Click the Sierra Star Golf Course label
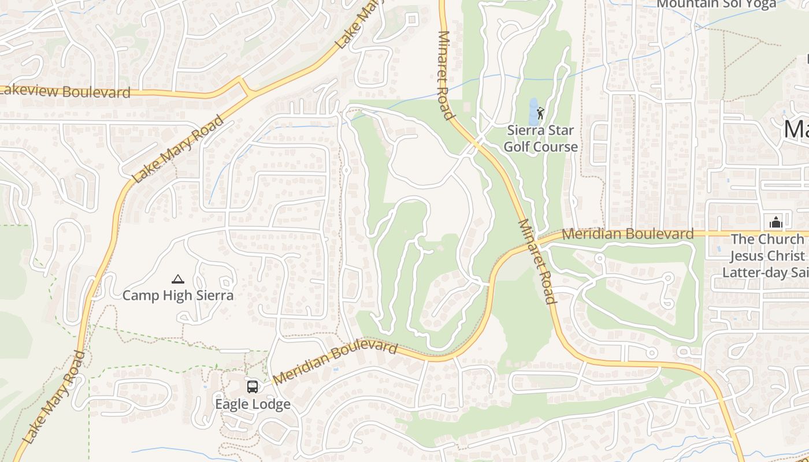(x=540, y=139)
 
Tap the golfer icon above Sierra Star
(x=540, y=113)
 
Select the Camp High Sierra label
(x=178, y=295)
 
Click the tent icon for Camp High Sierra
(x=178, y=279)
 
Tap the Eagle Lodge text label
(x=253, y=404)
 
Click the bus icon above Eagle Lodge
(x=253, y=386)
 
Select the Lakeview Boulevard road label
(x=65, y=91)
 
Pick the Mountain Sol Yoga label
(x=717, y=5)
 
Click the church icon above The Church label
(x=774, y=222)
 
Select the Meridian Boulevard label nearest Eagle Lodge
(x=335, y=363)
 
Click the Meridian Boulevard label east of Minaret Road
(x=628, y=234)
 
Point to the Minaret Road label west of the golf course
(x=444, y=75)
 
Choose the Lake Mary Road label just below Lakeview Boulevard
(x=178, y=149)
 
